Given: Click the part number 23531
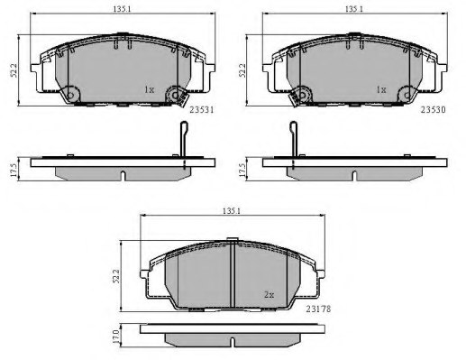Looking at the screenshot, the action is [x=202, y=110].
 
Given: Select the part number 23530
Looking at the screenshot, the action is [x=433, y=110].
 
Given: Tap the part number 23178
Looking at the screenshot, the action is [x=318, y=309].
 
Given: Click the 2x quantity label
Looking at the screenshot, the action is [x=269, y=295].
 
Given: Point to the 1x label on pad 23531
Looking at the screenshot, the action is [x=150, y=89].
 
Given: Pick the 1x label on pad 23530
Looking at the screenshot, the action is [x=381, y=89].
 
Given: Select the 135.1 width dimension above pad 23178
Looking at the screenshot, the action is [x=232, y=211].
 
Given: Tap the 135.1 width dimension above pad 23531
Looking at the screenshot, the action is [x=122, y=9].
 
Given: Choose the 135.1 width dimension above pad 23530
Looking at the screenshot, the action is [x=354, y=9].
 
